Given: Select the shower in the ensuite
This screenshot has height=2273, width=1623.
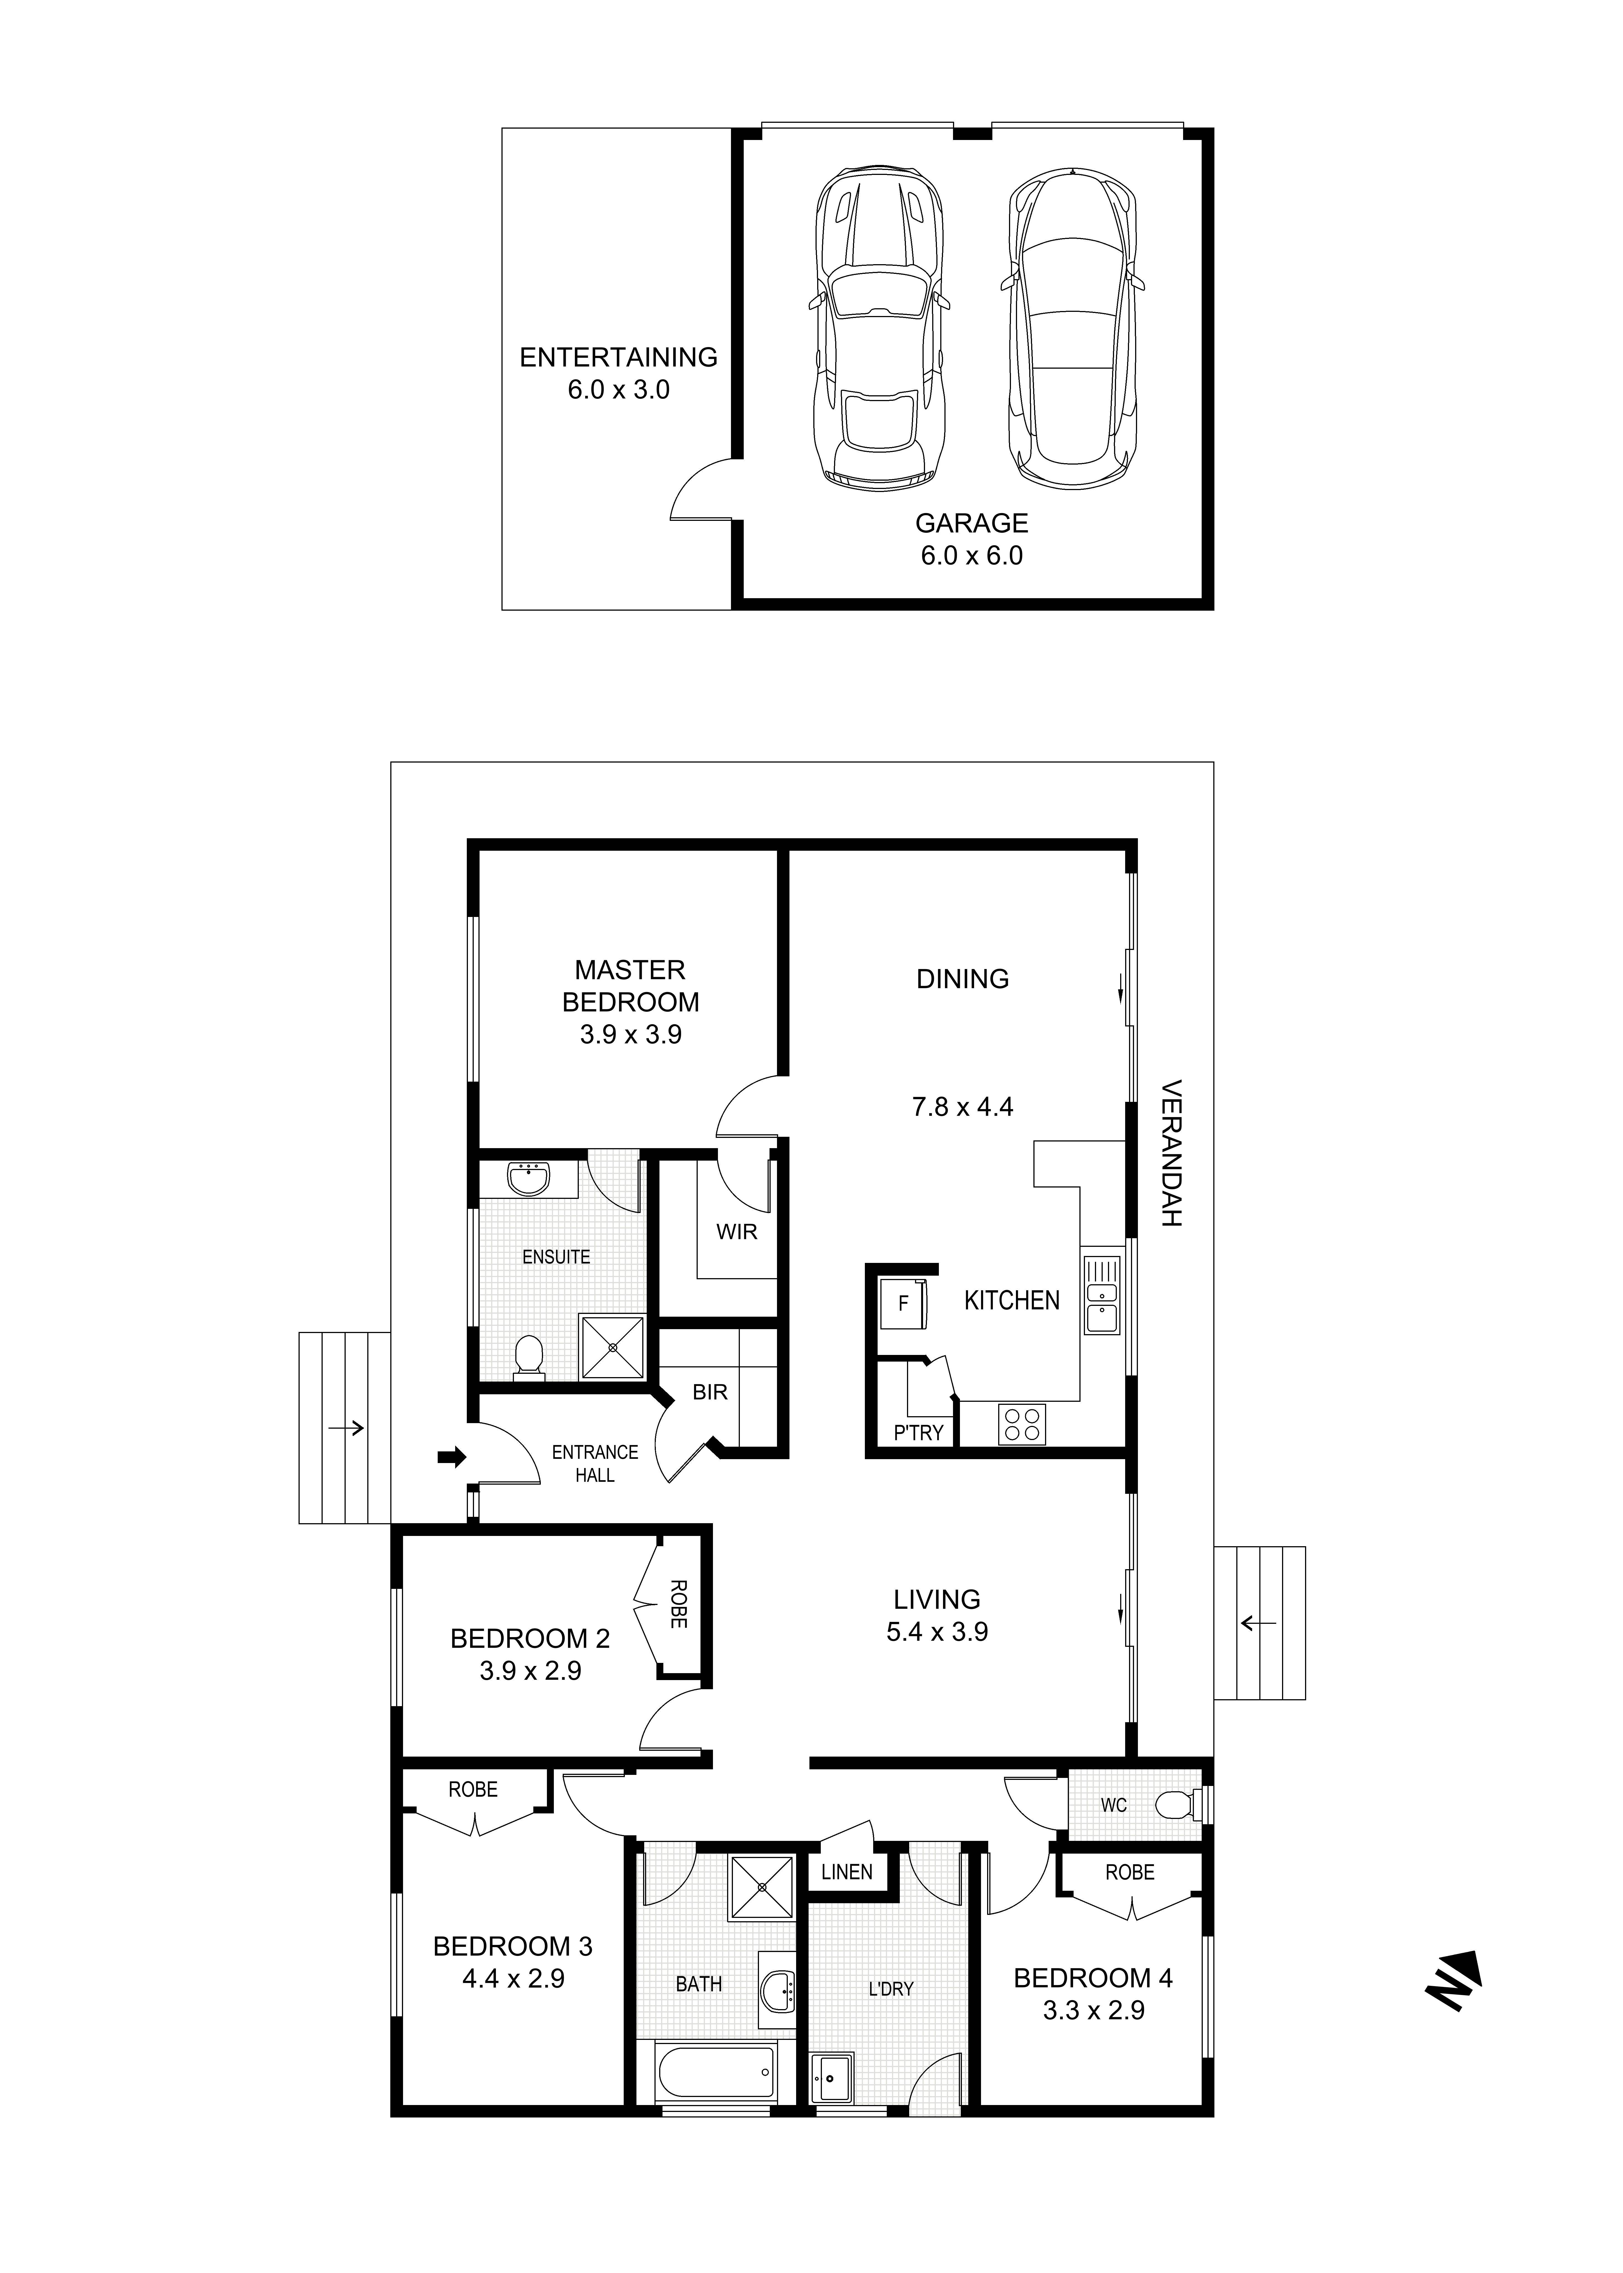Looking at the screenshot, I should click(613, 1347).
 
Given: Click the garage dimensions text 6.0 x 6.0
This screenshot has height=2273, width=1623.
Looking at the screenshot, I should click(971, 555).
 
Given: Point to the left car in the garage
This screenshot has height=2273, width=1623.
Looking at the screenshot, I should click(877, 328).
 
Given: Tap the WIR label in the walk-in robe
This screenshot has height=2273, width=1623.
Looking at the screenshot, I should click(737, 1232).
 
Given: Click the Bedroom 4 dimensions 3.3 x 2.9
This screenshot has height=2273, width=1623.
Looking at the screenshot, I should click(1093, 2010).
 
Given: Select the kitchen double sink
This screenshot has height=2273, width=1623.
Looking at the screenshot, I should click(1101, 1294).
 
